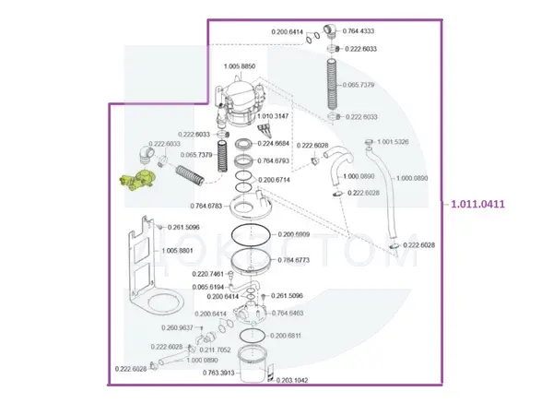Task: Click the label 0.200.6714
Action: pyautogui.click(x=277, y=180)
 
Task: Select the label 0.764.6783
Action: pyautogui.click(x=208, y=206)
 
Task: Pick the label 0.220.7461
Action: pyautogui.click(x=209, y=275)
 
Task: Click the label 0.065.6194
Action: pyautogui.click(x=210, y=287)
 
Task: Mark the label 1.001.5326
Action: pyautogui.click(x=399, y=141)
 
